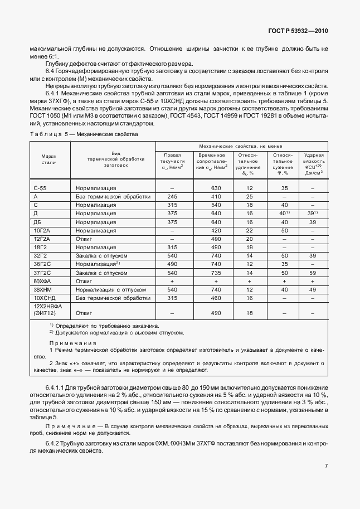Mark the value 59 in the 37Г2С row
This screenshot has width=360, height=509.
(313, 273)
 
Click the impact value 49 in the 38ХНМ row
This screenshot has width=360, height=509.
(313, 290)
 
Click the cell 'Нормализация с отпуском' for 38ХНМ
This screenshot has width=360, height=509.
(111, 290)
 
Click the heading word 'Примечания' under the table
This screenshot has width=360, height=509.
(72, 343)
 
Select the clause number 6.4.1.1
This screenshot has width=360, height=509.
(57, 387)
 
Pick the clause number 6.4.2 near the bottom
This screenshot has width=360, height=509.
(54, 443)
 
